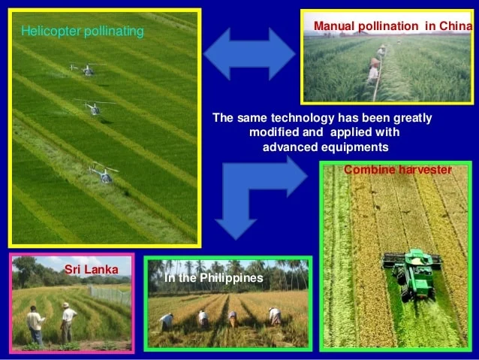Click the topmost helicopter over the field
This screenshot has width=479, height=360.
point(86,70)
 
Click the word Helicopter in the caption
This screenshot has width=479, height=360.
point(48,32)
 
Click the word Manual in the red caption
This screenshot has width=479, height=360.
point(333,26)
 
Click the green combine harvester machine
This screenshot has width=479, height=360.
point(412,271)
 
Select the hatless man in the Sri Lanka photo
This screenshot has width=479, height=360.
point(35,324)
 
